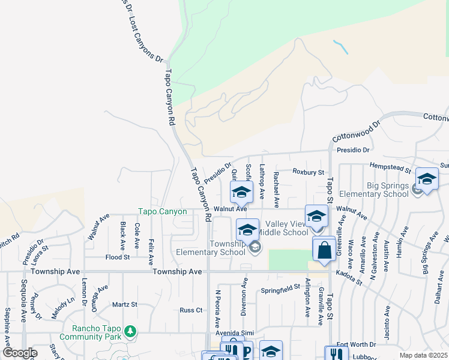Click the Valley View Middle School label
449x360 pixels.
coord(286,228)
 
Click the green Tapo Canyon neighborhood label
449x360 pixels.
coord(163,211)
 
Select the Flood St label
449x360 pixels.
coord(118,257)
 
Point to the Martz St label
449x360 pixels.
coord(125,305)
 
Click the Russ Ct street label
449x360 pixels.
coord(191,310)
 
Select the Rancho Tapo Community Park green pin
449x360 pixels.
coord(130,331)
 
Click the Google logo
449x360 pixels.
coord(19,353)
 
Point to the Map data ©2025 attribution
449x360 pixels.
coord(423,355)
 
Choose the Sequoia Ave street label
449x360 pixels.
coord(25,295)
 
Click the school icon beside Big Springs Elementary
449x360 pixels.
coord(427,179)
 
